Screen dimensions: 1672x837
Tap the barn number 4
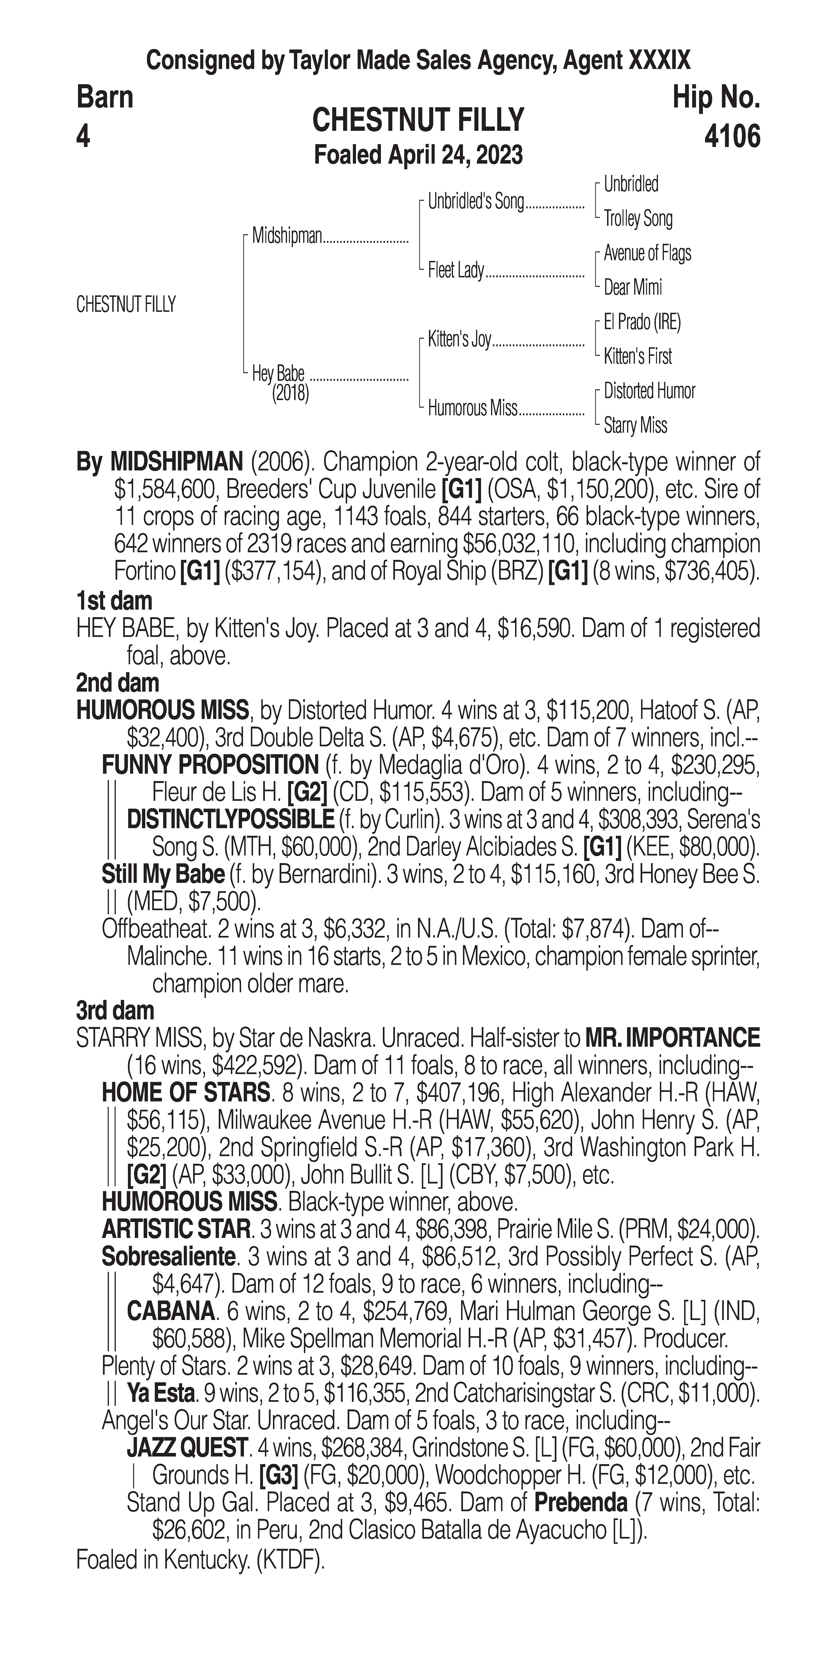pyautogui.click(x=83, y=137)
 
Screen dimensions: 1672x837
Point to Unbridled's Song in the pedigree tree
pyautogui.click(x=476, y=202)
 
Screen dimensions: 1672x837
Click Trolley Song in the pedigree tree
pyautogui.click(x=638, y=219)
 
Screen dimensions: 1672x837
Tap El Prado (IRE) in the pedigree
pyautogui.click(x=642, y=322)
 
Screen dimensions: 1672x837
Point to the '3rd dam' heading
pyautogui.click(x=115, y=1011)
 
